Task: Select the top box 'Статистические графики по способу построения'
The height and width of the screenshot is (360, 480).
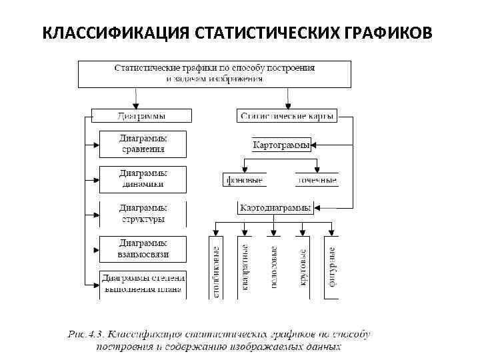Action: [215, 73]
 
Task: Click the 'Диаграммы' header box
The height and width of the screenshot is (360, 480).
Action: [141, 116]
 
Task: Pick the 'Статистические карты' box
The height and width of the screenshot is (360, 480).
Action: [287, 116]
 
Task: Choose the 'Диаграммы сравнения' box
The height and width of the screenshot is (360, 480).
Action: [143, 144]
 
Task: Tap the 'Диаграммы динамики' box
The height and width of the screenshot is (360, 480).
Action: [143, 179]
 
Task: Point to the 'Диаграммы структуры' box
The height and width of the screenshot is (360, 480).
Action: [143, 213]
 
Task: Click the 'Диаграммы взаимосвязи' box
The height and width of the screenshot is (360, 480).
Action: [143, 249]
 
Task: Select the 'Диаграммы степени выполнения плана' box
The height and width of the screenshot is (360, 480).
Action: [143, 283]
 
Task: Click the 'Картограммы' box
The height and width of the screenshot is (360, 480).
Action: [281, 145]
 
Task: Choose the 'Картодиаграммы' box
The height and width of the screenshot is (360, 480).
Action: [275, 208]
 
